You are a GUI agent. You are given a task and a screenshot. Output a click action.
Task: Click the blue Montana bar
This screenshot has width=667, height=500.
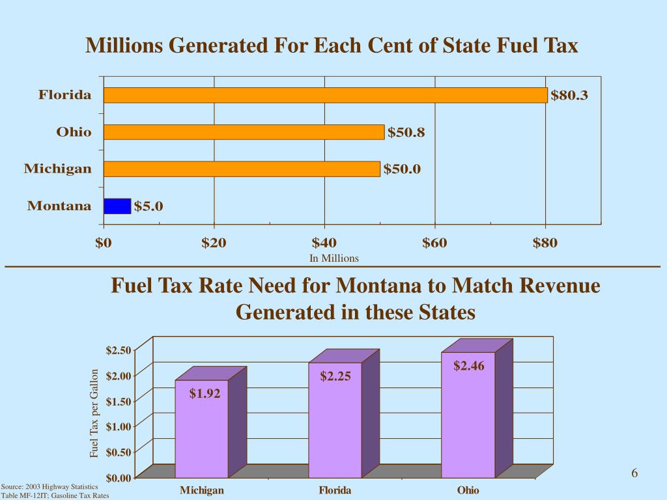117,206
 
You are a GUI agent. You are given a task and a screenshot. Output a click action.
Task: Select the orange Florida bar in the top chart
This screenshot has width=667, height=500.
325,95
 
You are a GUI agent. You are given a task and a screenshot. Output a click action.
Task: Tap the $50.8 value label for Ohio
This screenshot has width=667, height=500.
406,133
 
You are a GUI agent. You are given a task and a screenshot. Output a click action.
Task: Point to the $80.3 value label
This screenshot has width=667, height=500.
569,96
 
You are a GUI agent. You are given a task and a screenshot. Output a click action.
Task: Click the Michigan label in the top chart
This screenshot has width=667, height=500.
58,169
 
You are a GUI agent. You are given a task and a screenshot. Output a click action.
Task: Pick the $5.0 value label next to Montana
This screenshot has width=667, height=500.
149,207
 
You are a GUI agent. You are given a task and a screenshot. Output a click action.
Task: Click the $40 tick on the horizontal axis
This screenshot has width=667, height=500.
324,243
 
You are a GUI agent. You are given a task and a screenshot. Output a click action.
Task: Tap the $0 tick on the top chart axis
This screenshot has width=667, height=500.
104,243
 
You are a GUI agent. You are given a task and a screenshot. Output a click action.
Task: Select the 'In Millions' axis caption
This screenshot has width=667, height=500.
334,258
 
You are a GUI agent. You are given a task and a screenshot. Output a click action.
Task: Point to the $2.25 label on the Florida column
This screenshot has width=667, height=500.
335,376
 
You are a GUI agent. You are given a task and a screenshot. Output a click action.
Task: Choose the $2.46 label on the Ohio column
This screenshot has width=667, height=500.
469,366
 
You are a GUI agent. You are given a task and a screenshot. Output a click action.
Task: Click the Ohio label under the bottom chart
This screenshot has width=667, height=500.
468,490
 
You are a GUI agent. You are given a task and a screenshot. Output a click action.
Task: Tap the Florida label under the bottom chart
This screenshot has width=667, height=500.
335,490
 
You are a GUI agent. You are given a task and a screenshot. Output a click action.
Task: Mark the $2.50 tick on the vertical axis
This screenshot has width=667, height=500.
118,350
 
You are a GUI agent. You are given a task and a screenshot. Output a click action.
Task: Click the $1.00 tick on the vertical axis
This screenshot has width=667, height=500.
118,426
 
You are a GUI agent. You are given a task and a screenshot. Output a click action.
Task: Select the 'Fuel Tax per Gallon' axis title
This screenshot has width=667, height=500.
94,413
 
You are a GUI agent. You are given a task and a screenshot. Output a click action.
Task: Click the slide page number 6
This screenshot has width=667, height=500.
634,473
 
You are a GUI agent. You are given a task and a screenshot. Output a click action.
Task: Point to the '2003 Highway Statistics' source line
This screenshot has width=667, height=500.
50,487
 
